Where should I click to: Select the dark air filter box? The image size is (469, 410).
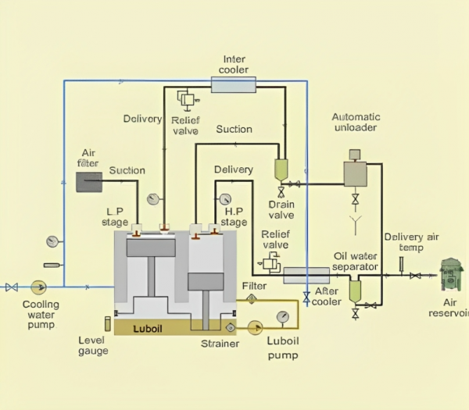tap(89, 182)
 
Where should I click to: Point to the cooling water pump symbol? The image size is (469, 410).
tap(38, 287)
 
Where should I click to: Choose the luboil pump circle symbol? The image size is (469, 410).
tap(254, 326)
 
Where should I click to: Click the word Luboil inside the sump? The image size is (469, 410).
tap(148, 327)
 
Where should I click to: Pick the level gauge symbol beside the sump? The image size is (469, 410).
tap(107, 323)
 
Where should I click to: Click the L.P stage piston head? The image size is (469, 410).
tap(150, 248)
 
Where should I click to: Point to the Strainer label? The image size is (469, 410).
tap(219, 344)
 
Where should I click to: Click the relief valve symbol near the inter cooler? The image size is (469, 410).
tap(187, 100)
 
